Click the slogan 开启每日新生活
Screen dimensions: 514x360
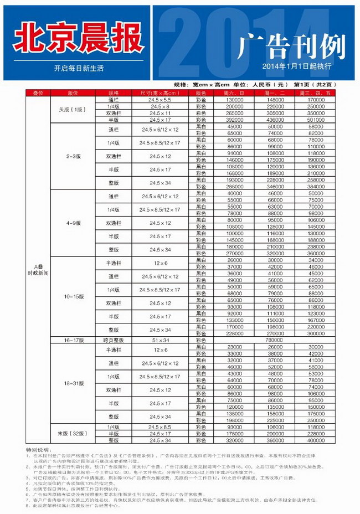(x=79, y=69)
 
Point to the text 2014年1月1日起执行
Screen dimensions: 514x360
(x=297, y=66)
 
